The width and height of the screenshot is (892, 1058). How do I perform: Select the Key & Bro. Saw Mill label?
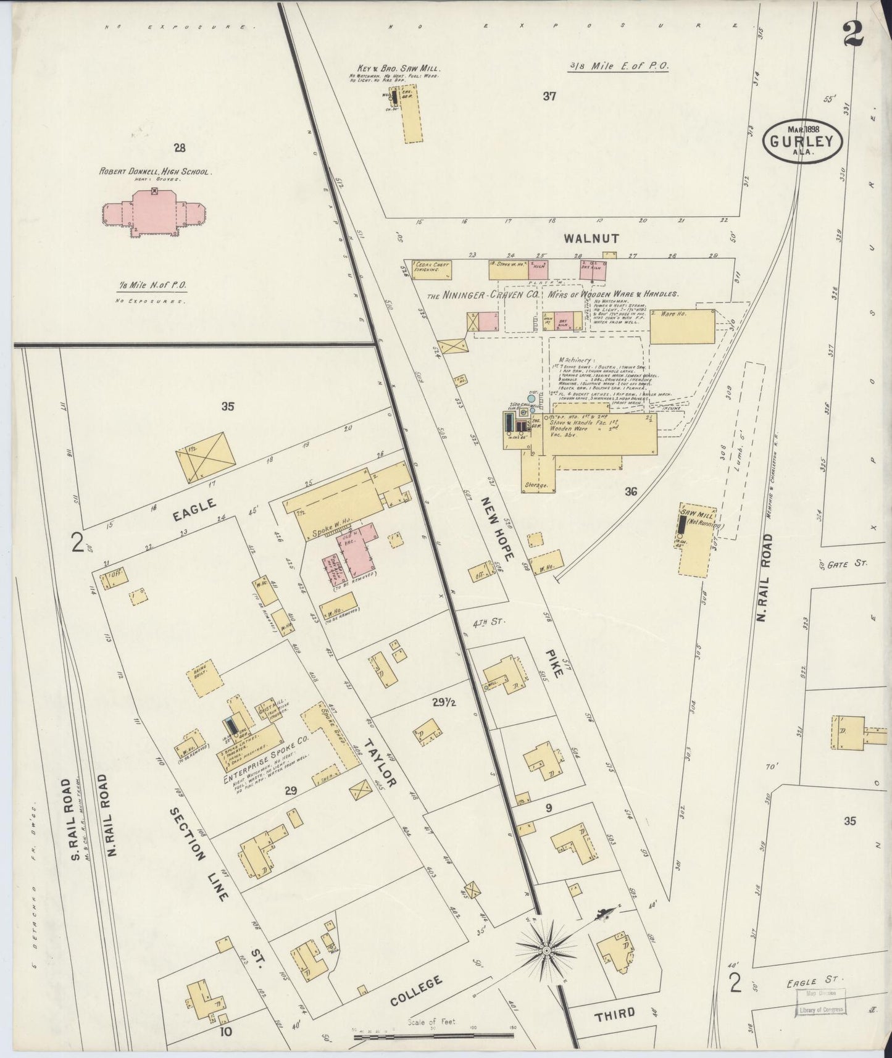click(399, 69)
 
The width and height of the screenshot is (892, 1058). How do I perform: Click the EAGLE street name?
click(194, 510)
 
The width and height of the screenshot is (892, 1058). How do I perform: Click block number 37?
click(549, 96)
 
